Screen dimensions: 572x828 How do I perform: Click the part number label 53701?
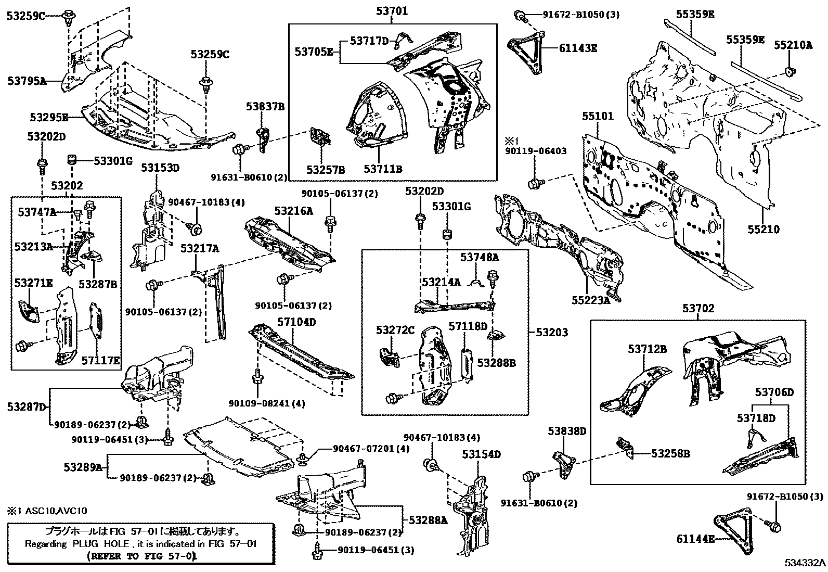pos(393,11)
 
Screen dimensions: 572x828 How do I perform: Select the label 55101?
pos(598,116)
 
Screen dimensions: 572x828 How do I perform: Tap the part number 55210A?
pos(793,45)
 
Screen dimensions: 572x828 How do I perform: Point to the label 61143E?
pos(578,48)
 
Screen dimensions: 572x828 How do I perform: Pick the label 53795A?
pos(27,81)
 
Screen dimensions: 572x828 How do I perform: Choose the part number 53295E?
pos(49,117)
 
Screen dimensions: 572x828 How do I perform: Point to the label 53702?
pos(698,309)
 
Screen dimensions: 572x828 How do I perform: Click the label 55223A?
pos(590,300)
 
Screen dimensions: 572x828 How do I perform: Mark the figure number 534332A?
pos(805,563)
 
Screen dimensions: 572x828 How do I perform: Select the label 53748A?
pos(479,257)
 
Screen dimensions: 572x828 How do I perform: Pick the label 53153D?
pos(160,168)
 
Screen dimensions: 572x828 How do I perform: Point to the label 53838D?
pos(566,431)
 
